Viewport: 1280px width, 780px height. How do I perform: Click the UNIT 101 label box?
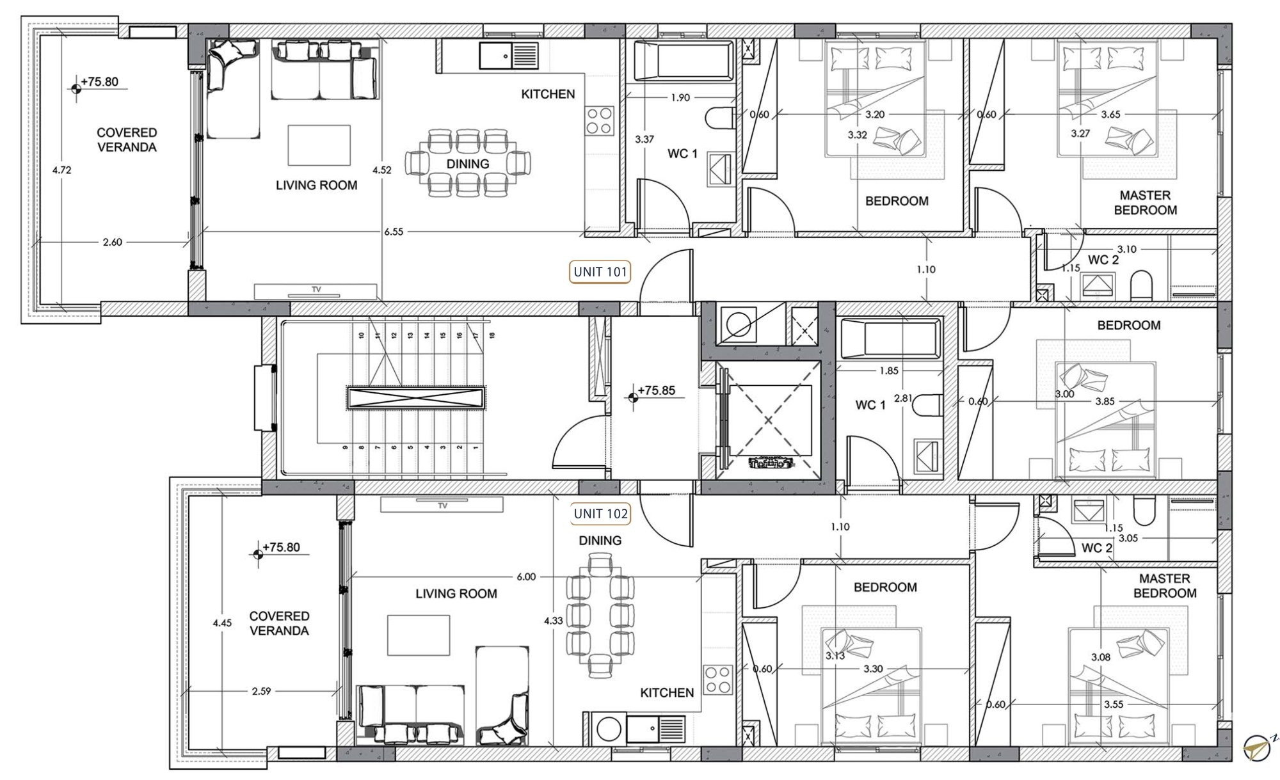[x=600, y=272]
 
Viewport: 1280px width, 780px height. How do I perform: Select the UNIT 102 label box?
[x=600, y=514]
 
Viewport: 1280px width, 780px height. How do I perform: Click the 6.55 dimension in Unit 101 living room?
[x=394, y=232]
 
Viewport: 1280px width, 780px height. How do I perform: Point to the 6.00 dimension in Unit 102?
[x=526, y=577]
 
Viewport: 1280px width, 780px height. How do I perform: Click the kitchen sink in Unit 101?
[x=509, y=56]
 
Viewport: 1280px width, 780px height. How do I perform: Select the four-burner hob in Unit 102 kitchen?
[x=717, y=680]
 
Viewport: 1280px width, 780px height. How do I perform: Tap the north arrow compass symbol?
[x=1258, y=748]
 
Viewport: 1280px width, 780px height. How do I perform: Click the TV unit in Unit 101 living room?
[x=316, y=292]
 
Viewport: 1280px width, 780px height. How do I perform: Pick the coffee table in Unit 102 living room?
[x=419, y=635]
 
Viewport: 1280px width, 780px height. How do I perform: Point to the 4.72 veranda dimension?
[x=62, y=170]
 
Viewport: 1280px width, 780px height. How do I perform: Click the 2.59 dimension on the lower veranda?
[x=261, y=691]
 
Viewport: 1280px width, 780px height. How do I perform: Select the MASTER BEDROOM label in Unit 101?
[x=1145, y=203]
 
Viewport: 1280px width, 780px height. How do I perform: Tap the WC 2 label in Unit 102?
[x=1097, y=548]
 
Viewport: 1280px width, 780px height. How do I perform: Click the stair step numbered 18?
[x=492, y=335]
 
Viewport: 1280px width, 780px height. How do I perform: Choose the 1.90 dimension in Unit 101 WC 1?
[x=680, y=98]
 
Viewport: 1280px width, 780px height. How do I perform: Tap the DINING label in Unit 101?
[x=468, y=164]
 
